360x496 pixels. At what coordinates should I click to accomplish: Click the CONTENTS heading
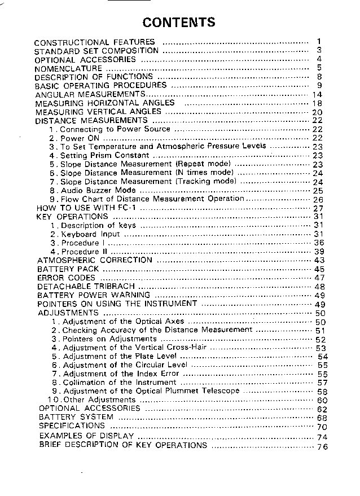point(179,23)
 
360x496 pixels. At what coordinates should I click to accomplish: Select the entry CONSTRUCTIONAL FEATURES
point(94,42)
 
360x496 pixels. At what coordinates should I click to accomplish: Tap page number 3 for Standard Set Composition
point(319,50)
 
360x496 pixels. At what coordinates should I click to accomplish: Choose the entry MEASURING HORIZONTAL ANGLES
point(105,103)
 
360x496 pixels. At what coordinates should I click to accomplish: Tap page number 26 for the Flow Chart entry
point(318,200)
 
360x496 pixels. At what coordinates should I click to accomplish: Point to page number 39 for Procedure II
point(319,251)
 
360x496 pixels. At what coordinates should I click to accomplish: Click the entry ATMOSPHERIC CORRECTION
point(94,260)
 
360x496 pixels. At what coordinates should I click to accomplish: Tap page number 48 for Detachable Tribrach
point(320,287)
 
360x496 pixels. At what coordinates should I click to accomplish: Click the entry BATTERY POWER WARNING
point(94,295)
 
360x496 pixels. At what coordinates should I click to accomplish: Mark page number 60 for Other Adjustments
point(322,400)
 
